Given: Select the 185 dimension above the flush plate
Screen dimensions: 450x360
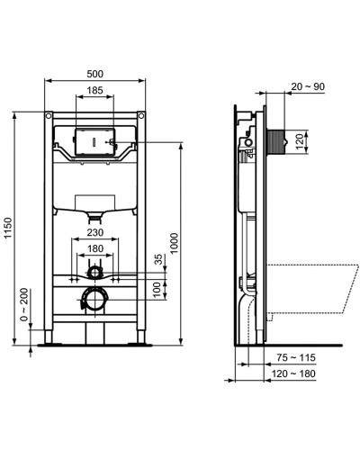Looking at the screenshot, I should [x=94, y=91].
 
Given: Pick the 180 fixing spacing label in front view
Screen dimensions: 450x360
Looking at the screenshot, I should [x=94, y=248].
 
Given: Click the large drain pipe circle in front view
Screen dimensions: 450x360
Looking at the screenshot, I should [x=94, y=298].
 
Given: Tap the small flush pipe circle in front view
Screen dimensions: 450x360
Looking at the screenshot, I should [x=94, y=270].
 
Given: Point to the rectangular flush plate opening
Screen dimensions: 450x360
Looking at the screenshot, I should [x=94, y=142].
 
